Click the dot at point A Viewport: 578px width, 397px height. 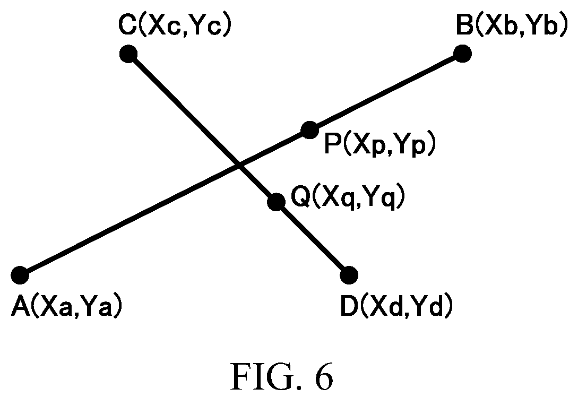[20, 275]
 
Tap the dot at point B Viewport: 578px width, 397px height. [463, 54]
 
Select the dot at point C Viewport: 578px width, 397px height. [128, 54]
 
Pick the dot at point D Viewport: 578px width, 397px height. [349, 275]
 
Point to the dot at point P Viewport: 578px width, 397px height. [309, 130]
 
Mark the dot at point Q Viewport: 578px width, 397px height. [276, 202]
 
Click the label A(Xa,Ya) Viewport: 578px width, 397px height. [66, 307]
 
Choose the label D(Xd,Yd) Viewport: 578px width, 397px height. [396, 307]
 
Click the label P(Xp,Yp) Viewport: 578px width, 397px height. [380, 144]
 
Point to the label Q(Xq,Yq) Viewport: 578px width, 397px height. [348, 197]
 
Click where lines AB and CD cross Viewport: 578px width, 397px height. [239, 165]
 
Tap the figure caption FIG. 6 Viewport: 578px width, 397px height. [282, 376]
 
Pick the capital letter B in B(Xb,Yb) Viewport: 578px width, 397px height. [464, 25]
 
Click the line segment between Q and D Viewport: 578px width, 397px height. [313, 238]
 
